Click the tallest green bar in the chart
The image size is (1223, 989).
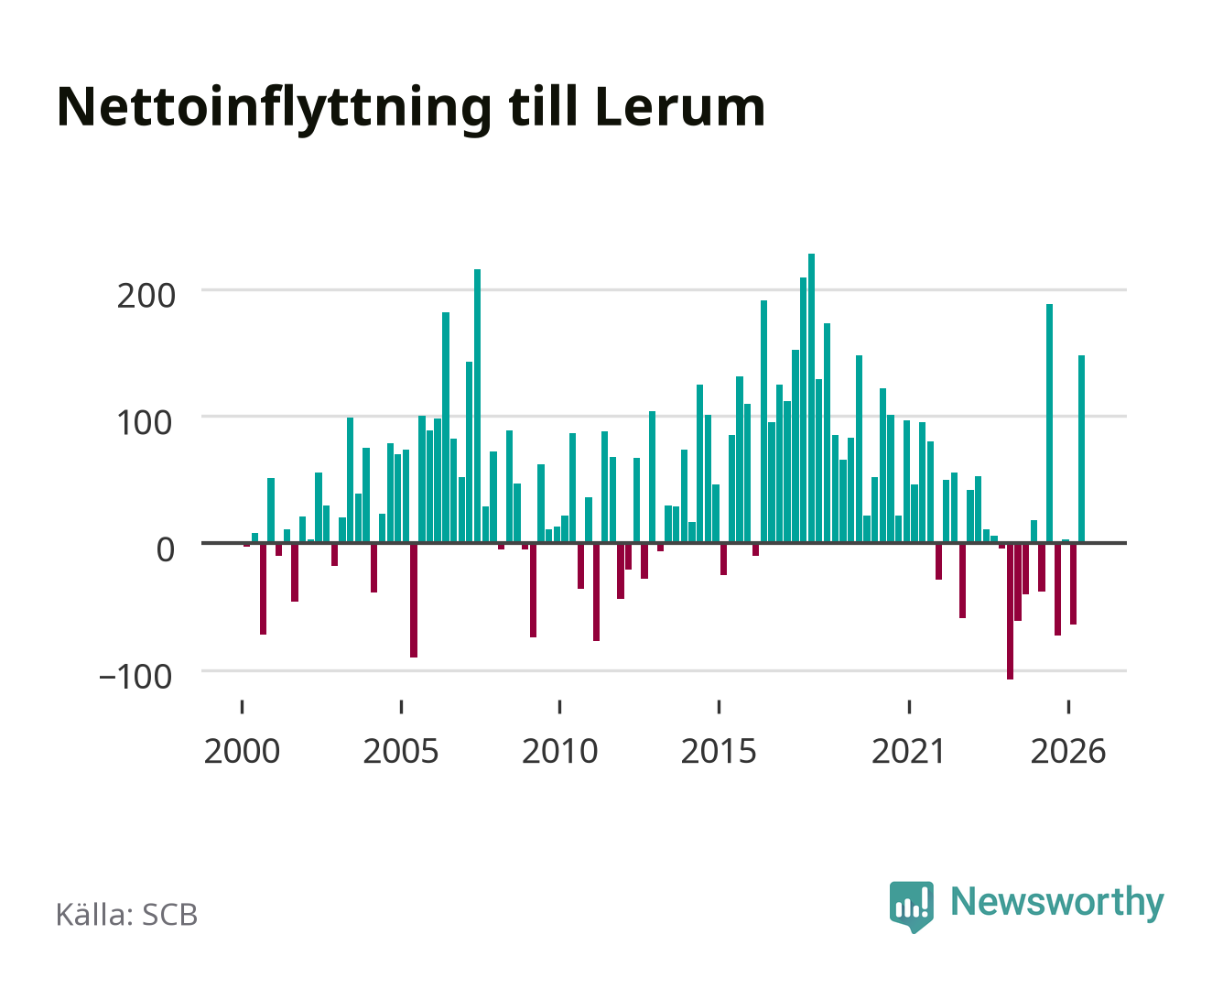coord(811,398)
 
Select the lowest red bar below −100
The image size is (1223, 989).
coord(1010,611)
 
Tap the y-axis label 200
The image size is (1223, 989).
coord(146,297)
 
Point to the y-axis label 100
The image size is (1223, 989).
coord(145,423)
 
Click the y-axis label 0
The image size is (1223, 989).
coord(166,549)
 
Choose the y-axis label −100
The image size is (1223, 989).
coord(135,677)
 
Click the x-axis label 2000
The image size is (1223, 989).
coord(242,751)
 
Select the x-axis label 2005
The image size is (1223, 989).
coord(401,751)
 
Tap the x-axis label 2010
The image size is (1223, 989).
coord(560,751)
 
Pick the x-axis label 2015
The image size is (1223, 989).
coord(719,751)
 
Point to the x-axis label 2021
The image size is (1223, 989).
coord(908,751)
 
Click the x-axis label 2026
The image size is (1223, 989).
coord(1068,751)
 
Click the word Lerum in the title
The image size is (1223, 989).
coord(680,107)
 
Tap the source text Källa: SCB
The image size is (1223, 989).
coord(126,915)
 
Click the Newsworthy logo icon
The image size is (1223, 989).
coord(911,907)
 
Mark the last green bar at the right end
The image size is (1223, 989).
coord(1081,449)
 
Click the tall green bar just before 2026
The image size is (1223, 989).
coord(1050,423)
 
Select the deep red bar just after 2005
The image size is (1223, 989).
coord(414,600)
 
